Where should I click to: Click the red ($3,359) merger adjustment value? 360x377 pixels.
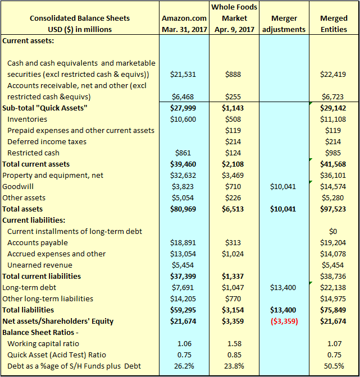tap(284, 321)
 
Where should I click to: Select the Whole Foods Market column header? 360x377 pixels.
tap(234, 19)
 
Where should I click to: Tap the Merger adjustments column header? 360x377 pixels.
tap(284, 24)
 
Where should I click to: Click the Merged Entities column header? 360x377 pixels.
tap(334, 24)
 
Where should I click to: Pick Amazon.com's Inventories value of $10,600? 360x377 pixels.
tap(183, 119)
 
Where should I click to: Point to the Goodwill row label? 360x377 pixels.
tap(18, 187)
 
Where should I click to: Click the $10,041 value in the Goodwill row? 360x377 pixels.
tap(283, 187)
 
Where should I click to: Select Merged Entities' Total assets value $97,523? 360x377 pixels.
tap(333, 209)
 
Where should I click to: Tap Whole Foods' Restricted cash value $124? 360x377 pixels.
tap(233, 153)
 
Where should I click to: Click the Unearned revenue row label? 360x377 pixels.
tap(40, 265)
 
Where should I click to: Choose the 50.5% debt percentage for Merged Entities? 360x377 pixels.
tap(334, 366)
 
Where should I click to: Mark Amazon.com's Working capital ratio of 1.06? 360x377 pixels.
tap(184, 343)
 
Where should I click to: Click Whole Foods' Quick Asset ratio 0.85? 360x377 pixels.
tap(234, 355)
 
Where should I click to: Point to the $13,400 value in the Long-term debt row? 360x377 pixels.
tap(283, 288)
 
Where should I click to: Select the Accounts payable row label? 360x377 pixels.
tap(38, 242)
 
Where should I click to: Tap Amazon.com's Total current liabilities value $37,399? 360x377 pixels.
tap(183, 276)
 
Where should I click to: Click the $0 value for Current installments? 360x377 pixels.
tap(333, 231)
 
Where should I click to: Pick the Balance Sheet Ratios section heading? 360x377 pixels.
tap(40, 332)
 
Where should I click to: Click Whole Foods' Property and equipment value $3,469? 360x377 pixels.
tap(233, 175)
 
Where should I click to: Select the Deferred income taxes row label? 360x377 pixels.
tap(47, 141)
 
